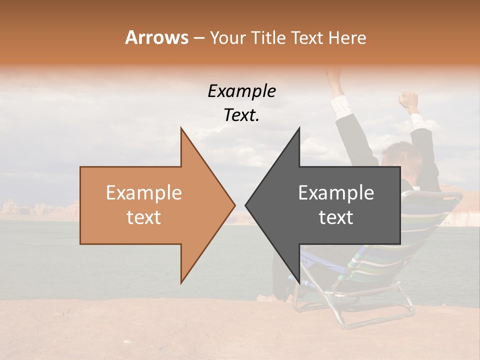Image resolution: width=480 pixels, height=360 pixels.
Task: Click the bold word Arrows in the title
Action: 156,37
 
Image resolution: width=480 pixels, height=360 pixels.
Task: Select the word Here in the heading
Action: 347,37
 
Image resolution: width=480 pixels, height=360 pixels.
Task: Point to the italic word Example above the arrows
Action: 241,91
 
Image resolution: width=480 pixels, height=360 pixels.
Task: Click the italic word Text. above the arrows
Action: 241,115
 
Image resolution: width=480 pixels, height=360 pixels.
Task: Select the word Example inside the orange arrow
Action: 143,193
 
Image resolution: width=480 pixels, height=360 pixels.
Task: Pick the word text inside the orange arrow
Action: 143,217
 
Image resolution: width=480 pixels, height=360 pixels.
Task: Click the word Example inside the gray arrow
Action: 336,193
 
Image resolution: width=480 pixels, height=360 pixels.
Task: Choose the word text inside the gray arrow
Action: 336,217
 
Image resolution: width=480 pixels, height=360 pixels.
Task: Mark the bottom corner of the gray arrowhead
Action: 299,282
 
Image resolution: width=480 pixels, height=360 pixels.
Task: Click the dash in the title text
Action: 198,38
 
